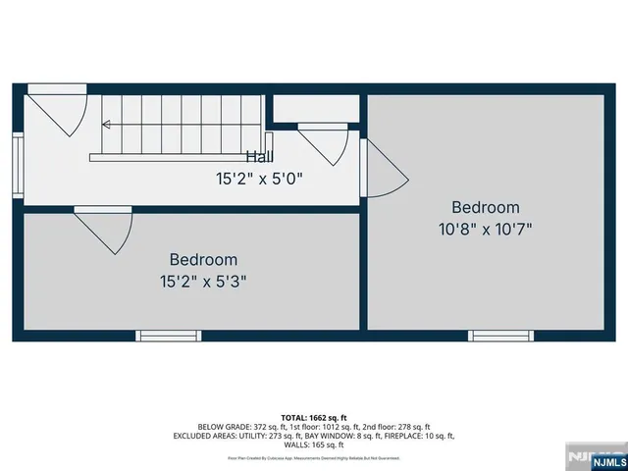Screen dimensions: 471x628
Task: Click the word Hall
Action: pos(259,157)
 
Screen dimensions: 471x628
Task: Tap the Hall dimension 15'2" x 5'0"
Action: pos(259,179)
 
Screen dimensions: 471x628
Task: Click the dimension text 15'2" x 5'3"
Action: pos(203,281)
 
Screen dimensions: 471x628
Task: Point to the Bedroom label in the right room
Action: pos(485,207)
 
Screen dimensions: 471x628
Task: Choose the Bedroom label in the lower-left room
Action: pos(203,260)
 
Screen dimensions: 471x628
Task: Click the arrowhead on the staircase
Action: pos(105,125)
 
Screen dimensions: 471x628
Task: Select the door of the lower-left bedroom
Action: pos(106,231)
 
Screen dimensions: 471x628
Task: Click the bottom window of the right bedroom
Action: pos(500,336)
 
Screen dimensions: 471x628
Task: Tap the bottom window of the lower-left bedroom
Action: pos(168,336)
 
